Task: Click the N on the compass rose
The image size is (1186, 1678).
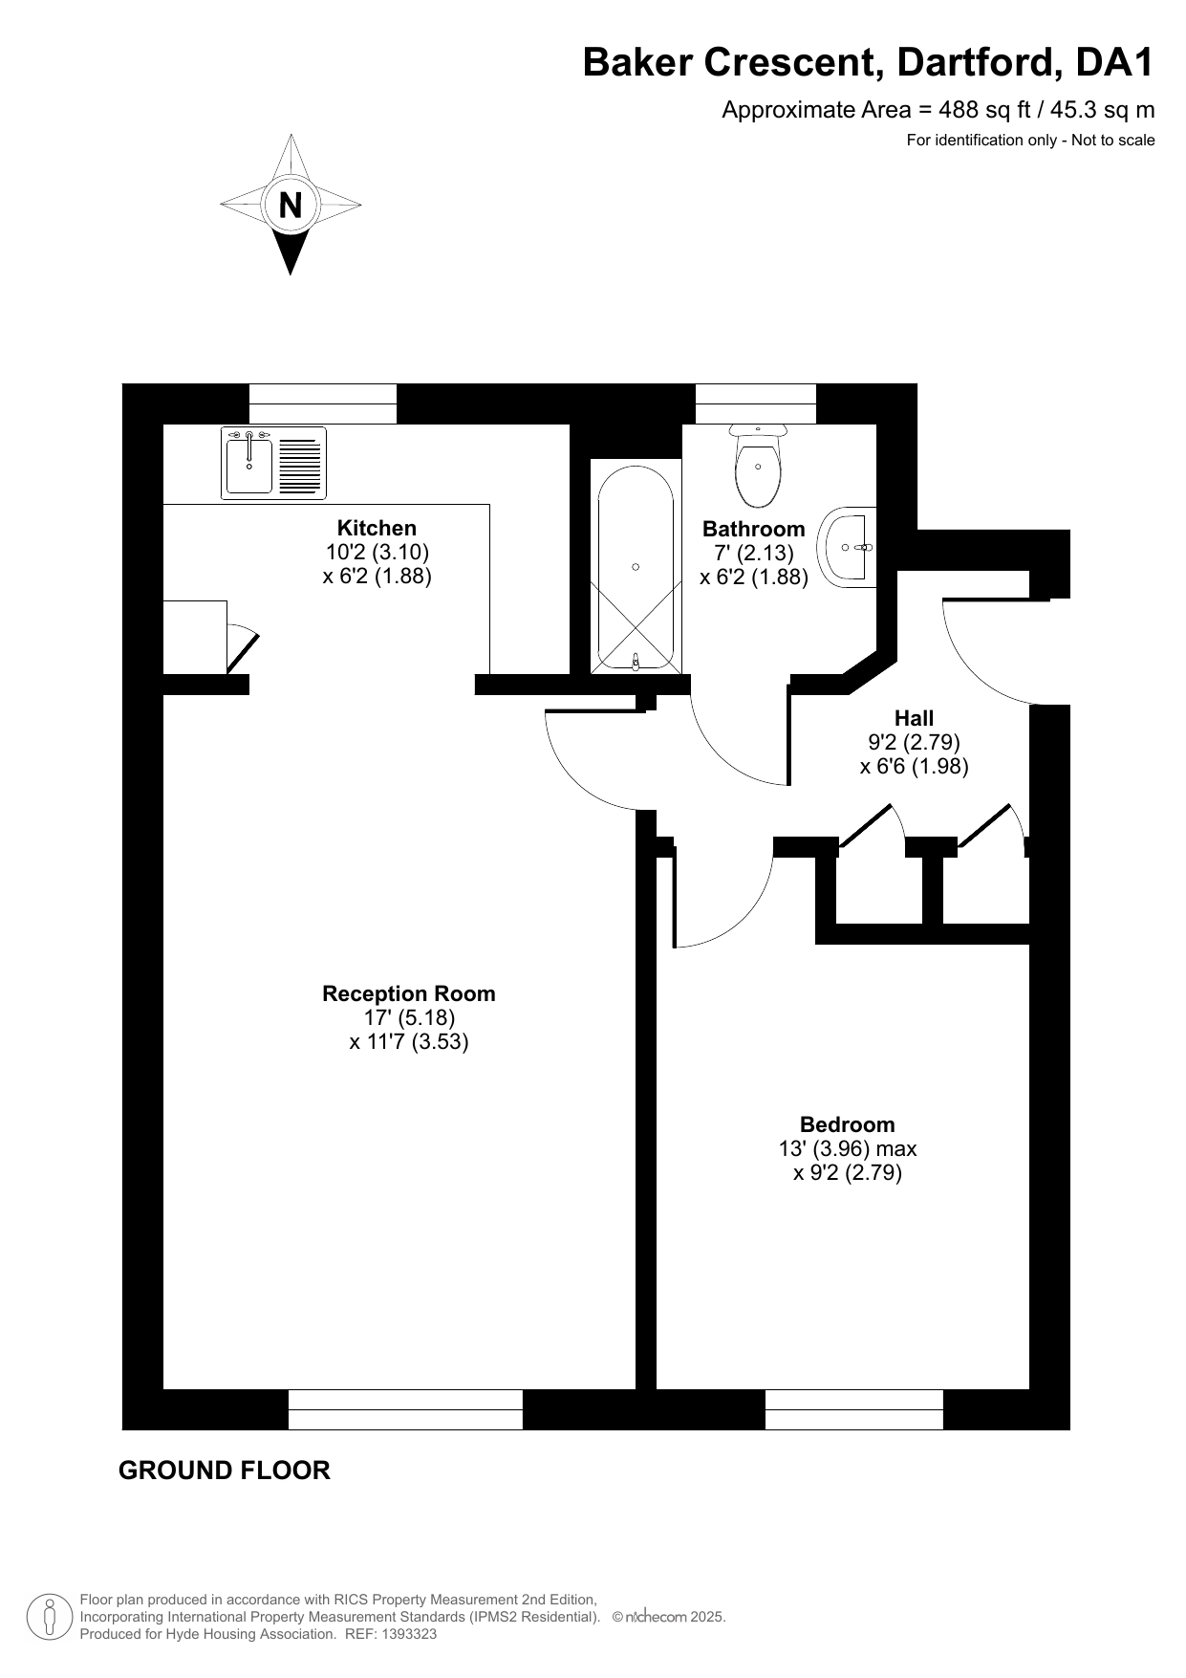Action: point(291,206)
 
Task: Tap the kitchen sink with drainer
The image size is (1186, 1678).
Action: point(274,463)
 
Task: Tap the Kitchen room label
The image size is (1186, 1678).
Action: point(377,528)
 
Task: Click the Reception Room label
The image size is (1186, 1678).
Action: point(409,993)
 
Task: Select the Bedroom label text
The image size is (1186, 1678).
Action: point(848,1124)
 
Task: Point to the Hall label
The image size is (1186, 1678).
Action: point(915,718)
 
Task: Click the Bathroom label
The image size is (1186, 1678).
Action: point(754,529)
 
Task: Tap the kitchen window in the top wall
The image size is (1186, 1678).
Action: point(323,403)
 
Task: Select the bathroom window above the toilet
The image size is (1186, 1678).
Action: point(756,403)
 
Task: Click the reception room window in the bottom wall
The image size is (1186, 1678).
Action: point(405,1409)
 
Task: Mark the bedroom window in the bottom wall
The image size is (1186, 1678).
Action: point(854,1409)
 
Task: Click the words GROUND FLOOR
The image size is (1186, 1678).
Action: point(225,1471)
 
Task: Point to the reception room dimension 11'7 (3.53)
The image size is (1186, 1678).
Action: point(409,1041)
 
